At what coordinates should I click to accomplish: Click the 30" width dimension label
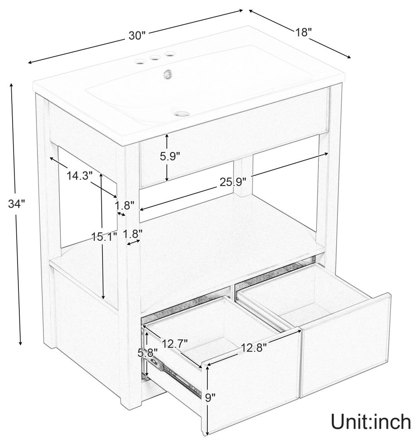coord(137,36)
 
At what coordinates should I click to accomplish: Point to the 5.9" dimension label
coord(170,156)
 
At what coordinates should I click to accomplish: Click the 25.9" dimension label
coord(233,182)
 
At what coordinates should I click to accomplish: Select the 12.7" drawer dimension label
coord(174,343)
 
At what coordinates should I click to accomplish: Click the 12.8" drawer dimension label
coord(254,347)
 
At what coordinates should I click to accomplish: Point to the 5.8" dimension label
coord(147,353)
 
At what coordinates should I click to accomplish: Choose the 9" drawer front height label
coord(210,398)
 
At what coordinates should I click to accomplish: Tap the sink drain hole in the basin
coord(182,114)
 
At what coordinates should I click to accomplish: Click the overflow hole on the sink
coord(167,74)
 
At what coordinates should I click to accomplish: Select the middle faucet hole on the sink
coord(155,58)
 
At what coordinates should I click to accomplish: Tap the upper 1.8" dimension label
coord(125,205)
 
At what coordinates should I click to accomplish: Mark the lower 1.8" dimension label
coord(133,234)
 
